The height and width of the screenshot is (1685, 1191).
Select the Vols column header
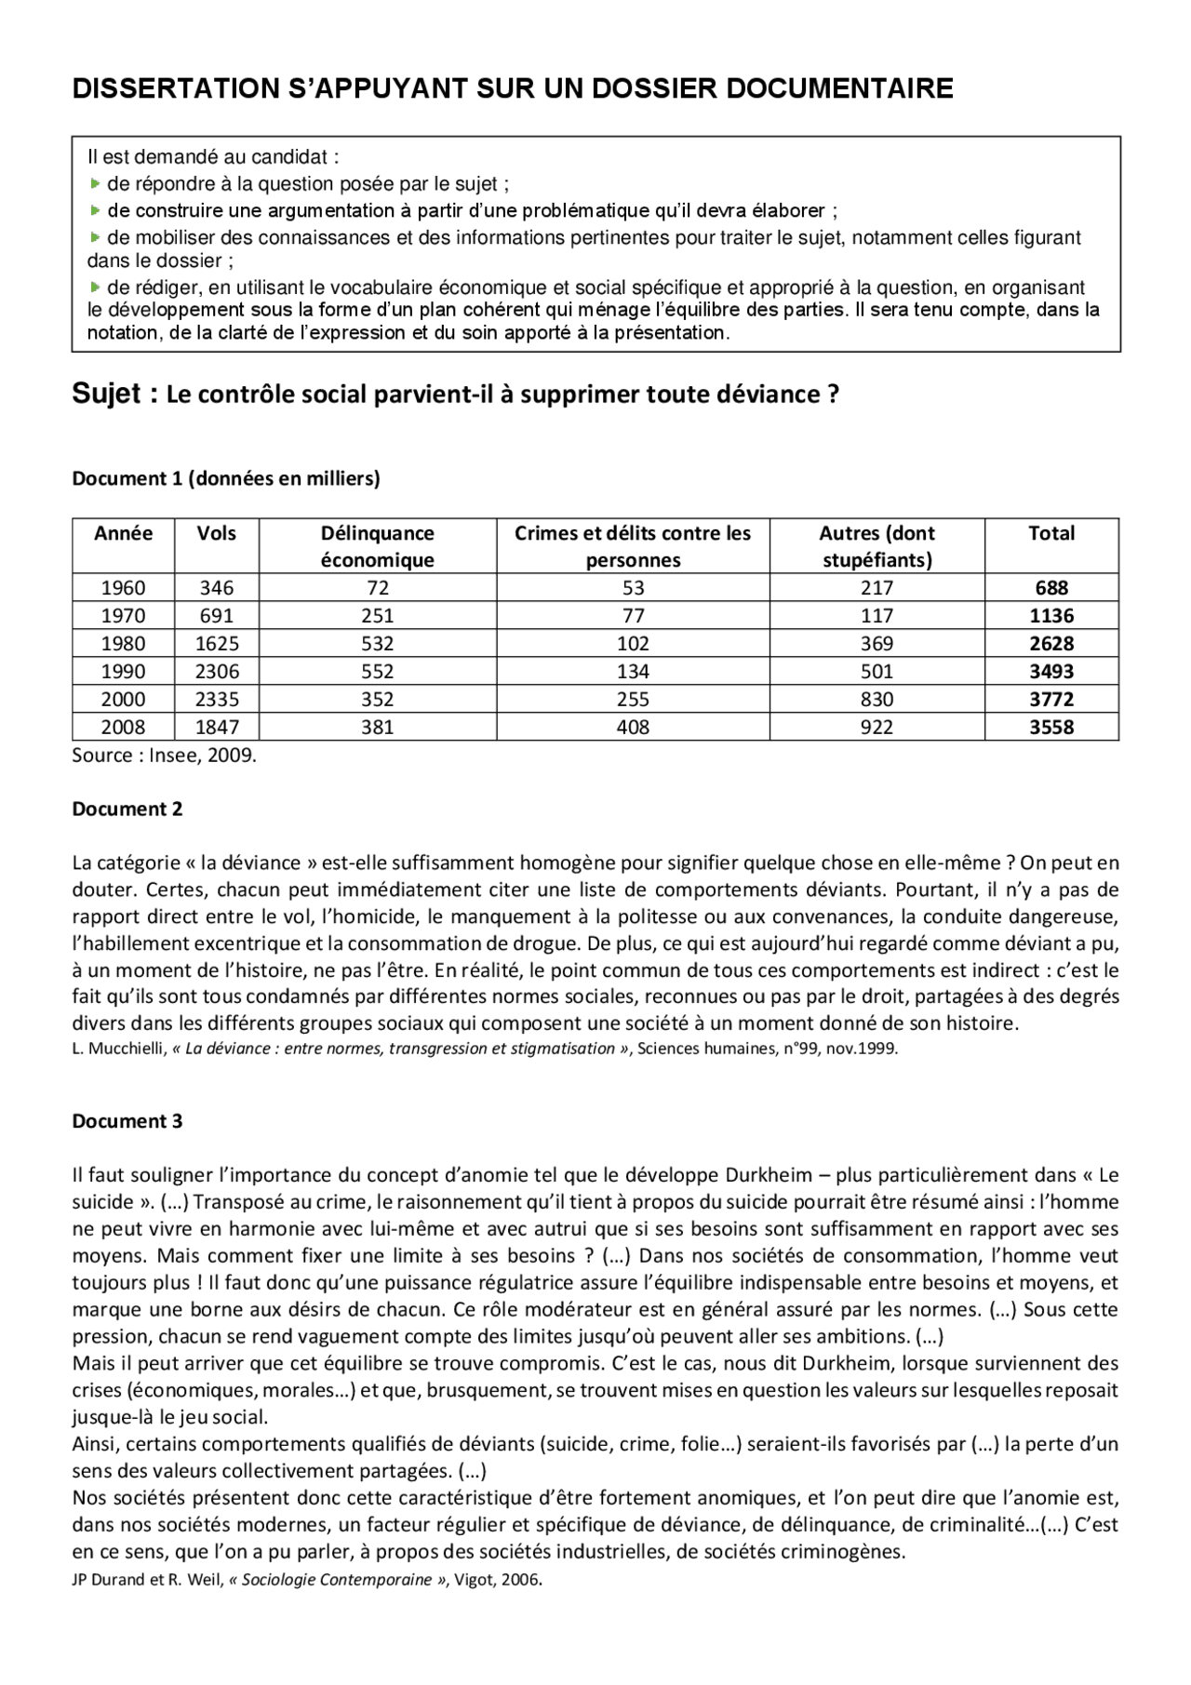pyautogui.click(x=216, y=533)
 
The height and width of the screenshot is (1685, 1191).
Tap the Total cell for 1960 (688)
pyautogui.click(x=1051, y=588)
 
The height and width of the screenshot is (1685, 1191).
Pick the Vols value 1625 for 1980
pyautogui.click(x=216, y=644)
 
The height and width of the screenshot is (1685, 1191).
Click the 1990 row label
pyautogui.click(x=123, y=672)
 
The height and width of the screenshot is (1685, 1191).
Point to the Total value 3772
pyautogui.click(x=1051, y=700)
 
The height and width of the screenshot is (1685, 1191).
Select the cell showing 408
pyautogui.click(x=633, y=728)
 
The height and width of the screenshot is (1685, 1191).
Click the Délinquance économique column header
pyautogui.click(x=377, y=546)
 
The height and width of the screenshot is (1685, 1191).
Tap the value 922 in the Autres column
pyautogui.click(x=877, y=728)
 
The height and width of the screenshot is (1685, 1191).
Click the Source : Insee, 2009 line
pyautogui.click(x=164, y=756)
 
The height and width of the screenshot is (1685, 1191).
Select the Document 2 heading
pyautogui.click(x=127, y=809)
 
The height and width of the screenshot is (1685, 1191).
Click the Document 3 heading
pyautogui.click(x=127, y=1121)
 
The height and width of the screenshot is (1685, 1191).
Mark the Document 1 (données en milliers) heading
pyautogui.click(x=226, y=479)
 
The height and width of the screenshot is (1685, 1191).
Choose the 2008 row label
pyautogui.click(x=123, y=728)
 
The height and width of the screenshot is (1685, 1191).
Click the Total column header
pyautogui.click(x=1051, y=533)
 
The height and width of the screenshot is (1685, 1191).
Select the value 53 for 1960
pyautogui.click(x=633, y=588)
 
